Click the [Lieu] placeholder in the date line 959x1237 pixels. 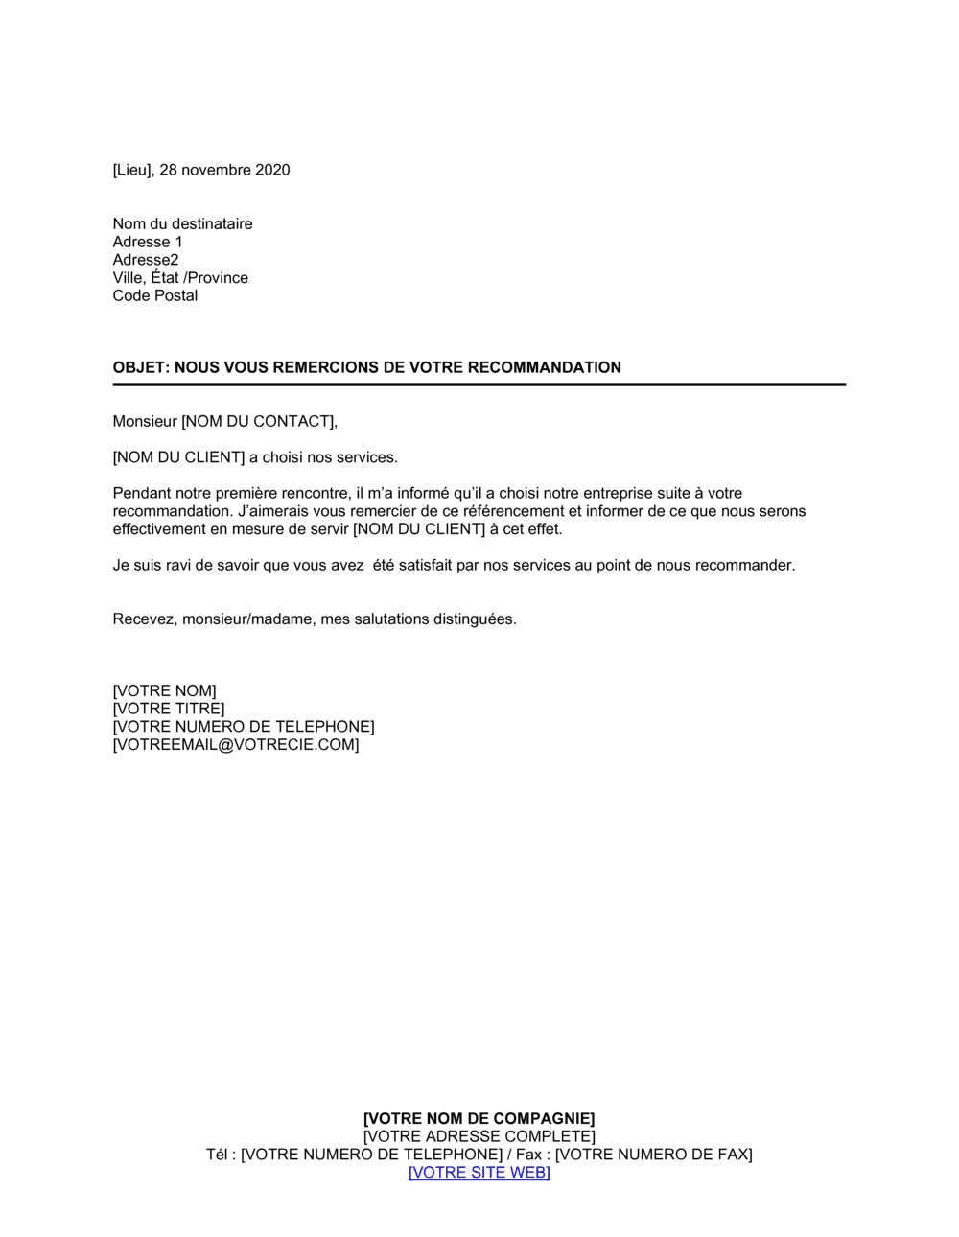132,171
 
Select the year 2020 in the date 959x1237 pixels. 272,171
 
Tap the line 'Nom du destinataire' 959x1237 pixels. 182,224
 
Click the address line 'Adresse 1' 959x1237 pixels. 148,243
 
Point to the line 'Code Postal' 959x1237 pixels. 155,296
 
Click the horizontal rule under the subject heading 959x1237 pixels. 479,385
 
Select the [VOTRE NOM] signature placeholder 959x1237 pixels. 165,691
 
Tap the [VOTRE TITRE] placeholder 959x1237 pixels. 169,710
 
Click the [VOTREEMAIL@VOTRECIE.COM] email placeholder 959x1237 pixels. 236,745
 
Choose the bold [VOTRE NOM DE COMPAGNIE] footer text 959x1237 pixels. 479,1119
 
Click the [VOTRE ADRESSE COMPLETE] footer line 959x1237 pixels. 479,1137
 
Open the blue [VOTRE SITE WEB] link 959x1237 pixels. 479,1173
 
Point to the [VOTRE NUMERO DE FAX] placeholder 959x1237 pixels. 654,1155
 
